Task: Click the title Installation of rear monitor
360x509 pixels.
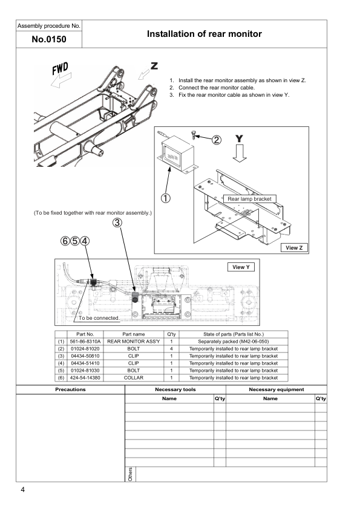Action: [204, 34]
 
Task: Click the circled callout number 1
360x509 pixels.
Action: [166, 197]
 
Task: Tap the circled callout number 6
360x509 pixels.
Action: [65, 241]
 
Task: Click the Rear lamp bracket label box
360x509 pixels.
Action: [250, 198]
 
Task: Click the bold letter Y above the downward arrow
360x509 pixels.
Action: [240, 138]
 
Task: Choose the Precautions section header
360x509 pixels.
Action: [70, 389]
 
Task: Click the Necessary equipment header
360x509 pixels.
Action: [276, 389]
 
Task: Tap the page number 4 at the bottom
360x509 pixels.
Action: [22, 490]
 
